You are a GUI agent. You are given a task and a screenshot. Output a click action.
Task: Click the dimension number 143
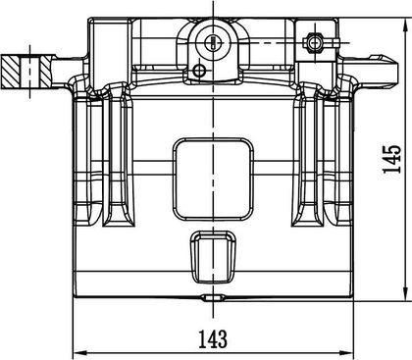(x=213, y=338)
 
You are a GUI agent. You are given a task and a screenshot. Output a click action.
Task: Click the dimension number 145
(x=392, y=159)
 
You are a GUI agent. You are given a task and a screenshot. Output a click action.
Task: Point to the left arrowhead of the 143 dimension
(x=80, y=353)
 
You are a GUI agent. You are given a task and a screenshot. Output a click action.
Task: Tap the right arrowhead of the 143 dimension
(x=346, y=353)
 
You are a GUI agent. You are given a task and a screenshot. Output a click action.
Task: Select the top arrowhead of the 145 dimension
(x=406, y=25)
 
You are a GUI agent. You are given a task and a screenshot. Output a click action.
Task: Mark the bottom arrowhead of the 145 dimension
(x=406, y=290)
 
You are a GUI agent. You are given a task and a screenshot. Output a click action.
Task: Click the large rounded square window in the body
(x=213, y=180)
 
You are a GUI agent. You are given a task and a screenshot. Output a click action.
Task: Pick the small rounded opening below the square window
(x=213, y=257)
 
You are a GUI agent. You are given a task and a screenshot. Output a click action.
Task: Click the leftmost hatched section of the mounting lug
(x=11, y=72)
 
